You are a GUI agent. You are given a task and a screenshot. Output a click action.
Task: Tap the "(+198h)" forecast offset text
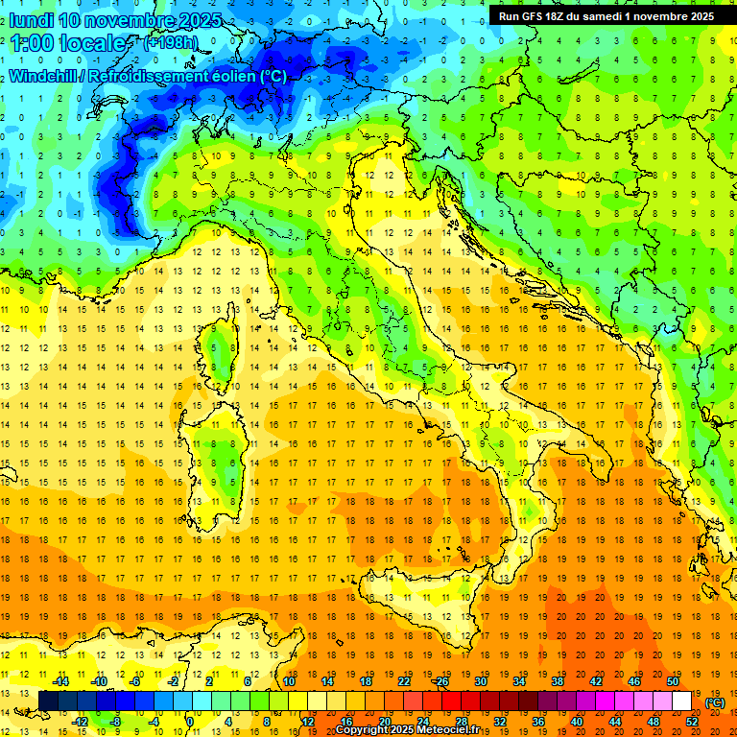170,43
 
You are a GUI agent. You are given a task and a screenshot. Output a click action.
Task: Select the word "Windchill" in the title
44,76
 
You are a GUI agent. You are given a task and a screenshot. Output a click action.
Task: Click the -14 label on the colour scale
60,681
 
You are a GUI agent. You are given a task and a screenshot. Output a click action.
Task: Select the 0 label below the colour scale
190,722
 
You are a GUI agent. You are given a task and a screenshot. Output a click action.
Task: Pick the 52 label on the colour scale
691,722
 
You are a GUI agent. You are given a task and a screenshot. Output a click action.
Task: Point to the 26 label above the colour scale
441,681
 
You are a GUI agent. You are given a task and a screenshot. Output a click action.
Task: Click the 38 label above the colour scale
557,681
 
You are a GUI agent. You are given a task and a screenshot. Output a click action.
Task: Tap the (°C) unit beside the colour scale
715,702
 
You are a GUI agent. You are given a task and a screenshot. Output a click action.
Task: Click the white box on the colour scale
681,701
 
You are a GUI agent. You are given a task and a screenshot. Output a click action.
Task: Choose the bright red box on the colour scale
451,701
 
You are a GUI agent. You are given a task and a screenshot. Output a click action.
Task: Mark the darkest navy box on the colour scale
48,701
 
